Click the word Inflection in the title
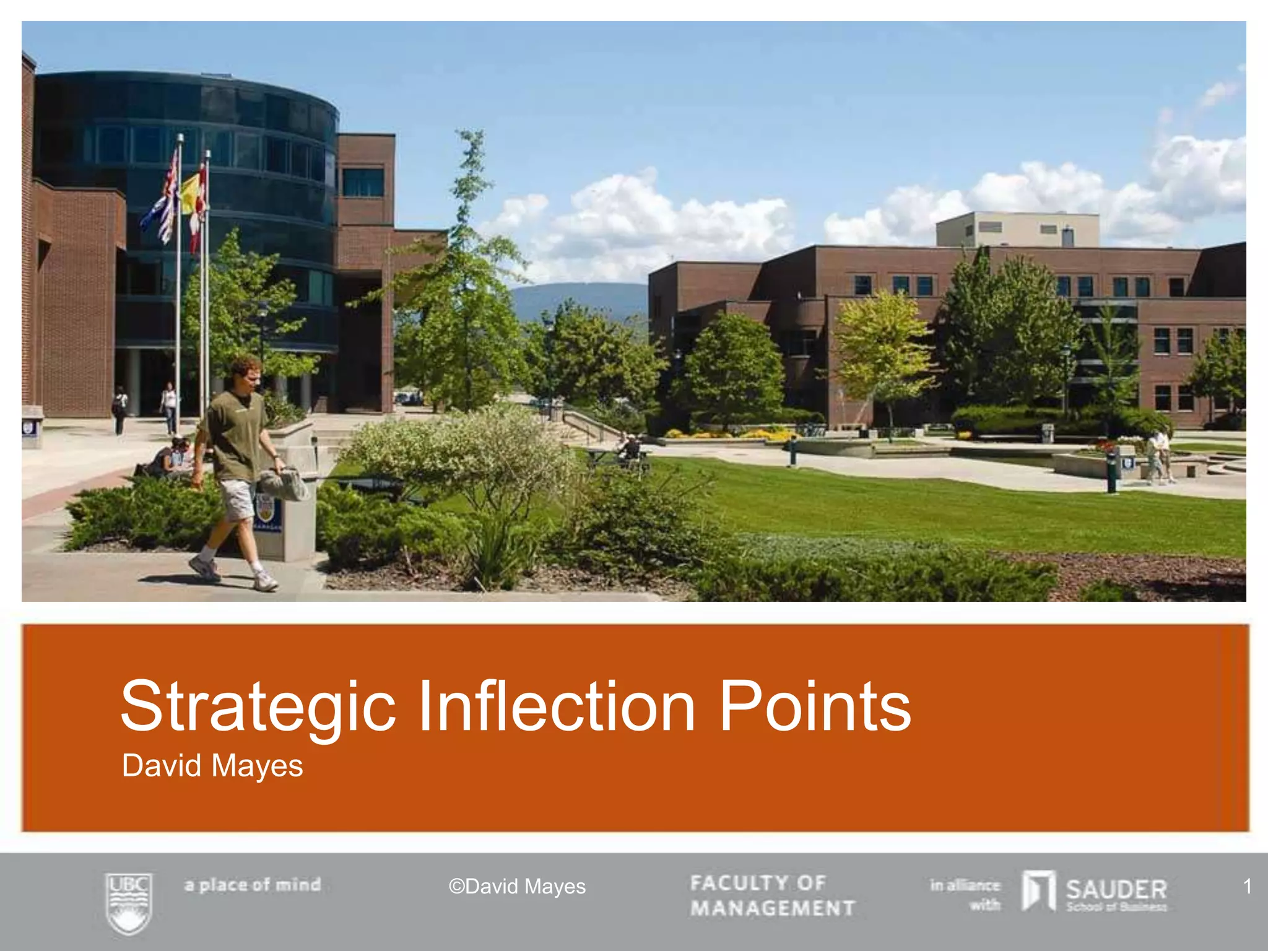tap(557, 706)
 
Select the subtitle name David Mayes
tap(212, 766)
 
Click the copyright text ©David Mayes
tap(517, 887)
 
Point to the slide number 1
tap(1248, 886)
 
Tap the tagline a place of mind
tap(253, 885)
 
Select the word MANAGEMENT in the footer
tap(773, 908)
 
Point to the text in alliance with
tap(965, 895)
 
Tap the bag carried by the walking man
tap(284, 484)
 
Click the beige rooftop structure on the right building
tap(1017, 230)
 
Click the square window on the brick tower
tap(363, 183)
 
